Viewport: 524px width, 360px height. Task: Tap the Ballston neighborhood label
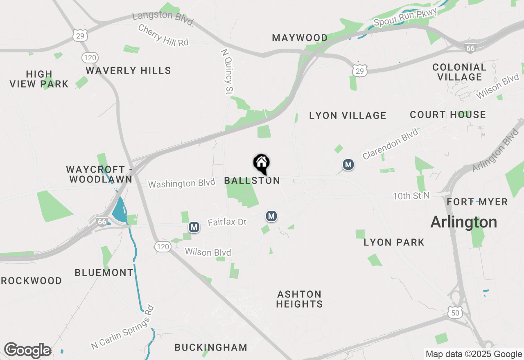click(x=252, y=180)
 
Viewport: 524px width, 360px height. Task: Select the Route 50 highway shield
click(x=455, y=313)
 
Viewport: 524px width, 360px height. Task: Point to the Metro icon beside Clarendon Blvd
click(x=348, y=165)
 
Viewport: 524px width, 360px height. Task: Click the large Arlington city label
click(x=464, y=222)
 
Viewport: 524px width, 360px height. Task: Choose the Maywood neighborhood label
click(x=300, y=38)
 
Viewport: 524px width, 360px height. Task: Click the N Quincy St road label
click(x=227, y=72)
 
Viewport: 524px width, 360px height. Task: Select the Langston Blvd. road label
click(x=163, y=19)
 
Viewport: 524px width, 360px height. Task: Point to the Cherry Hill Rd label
click(x=163, y=35)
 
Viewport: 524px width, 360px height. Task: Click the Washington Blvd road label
click(x=181, y=184)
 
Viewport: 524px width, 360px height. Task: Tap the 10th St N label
click(x=411, y=196)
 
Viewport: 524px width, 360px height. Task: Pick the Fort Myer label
click(x=477, y=202)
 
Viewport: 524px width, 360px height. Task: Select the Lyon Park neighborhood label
click(x=394, y=242)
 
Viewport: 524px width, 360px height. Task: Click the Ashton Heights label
click(x=300, y=299)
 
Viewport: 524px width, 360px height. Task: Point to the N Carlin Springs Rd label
click(x=122, y=327)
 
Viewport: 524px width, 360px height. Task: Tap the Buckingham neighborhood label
click(x=211, y=347)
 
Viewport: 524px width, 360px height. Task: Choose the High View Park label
click(x=39, y=79)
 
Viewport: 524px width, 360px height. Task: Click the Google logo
click(x=27, y=350)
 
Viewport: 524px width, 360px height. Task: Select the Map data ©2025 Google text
click(x=474, y=354)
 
